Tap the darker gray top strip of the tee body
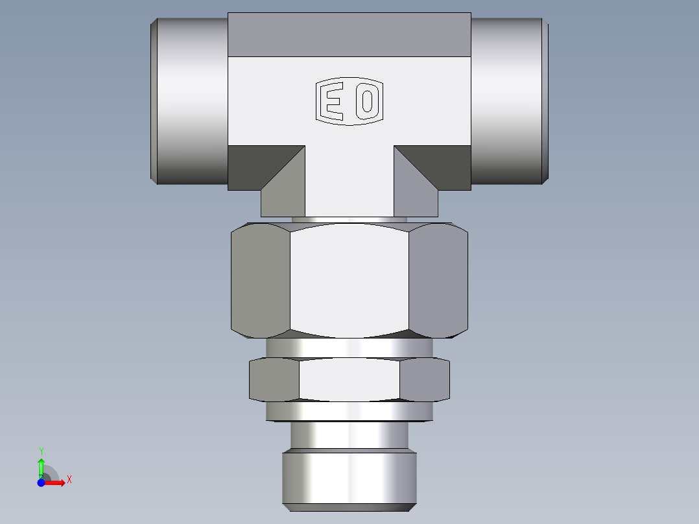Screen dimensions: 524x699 tap(349, 34)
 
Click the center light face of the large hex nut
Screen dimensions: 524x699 tap(349, 280)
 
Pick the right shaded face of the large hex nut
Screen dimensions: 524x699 tap(438, 280)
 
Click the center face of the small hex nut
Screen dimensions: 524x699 tap(349, 379)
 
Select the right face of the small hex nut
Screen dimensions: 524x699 tap(424, 379)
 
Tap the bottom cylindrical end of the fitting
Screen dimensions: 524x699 tap(349, 479)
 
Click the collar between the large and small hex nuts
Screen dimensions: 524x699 tap(349, 348)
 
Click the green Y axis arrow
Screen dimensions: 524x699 tap(41, 466)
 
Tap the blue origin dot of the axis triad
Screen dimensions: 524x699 tap(41, 482)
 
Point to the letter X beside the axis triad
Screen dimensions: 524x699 tap(69, 480)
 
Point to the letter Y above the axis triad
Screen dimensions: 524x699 tap(41, 451)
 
